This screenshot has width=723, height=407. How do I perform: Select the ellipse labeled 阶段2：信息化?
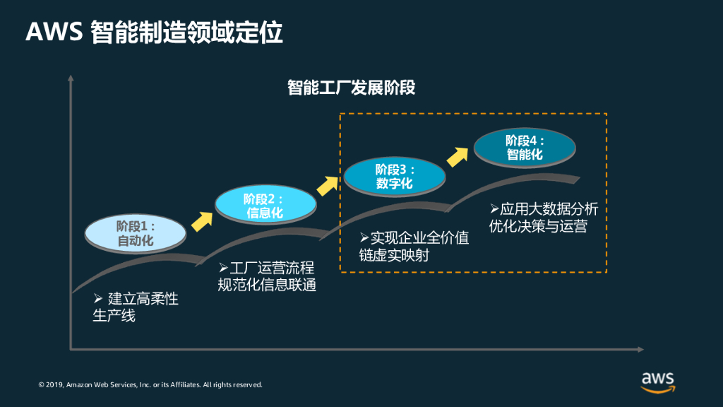click(264, 205)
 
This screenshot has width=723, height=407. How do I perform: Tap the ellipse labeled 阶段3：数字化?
click(394, 177)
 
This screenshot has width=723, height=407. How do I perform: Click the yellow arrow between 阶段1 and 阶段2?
click(202, 221)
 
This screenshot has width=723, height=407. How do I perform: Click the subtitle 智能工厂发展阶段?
click(351, 88)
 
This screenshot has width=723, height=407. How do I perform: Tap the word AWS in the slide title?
click(55, 33)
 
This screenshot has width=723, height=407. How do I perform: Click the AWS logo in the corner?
click(657, 380)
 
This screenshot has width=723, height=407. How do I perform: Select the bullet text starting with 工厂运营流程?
click(266, 276)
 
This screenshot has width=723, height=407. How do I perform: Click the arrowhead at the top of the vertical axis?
click(71, 78)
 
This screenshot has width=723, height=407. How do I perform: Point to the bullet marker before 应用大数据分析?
click(495, 209)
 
